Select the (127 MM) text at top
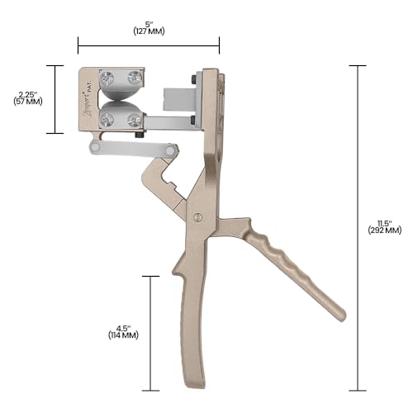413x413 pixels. point(149,31)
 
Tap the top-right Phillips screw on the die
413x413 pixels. point(135,79)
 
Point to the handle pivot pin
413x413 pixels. point(197,216)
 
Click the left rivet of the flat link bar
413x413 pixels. point(97,148)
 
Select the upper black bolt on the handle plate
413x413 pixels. point(192,79)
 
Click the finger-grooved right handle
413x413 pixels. point(289,264)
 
